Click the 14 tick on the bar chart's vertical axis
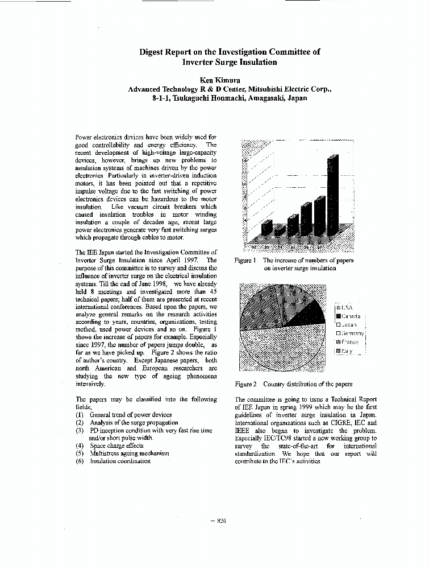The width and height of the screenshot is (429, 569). [x=245, y=160]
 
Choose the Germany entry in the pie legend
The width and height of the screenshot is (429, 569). [x=350, y=333]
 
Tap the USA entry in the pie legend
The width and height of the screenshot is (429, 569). [x=346, y=308]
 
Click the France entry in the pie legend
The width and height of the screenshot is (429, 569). [x=348, y=342]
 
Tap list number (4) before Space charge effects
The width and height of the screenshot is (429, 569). [x=80, y=446]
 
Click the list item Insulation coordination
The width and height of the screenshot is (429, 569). [x=120, y=461]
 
